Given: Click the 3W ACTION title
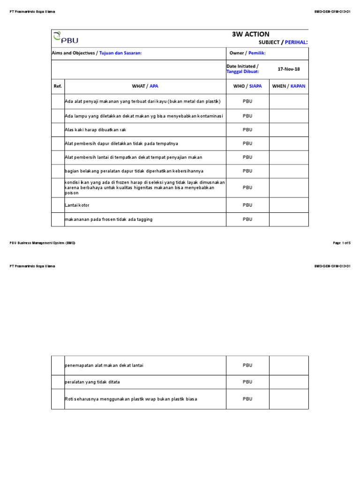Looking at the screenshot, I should [x=250, y=34].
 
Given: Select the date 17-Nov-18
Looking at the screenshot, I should [x=289, y=69].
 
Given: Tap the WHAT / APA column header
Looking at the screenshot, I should [x=145, y=86].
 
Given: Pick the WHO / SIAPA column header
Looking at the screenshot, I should [x=247, y=86].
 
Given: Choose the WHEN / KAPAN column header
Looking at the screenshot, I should [x=289, y=86].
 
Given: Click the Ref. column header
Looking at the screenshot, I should [x=58, y=86].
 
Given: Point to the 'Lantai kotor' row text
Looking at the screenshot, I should [x=77, y=205].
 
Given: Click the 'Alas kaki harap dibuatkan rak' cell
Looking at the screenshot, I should [x=96, y=130].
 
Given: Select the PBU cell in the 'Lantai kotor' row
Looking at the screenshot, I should [x=247, y=205].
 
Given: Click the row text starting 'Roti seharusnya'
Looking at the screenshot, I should [x=131, y=399].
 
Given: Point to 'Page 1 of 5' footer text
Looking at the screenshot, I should [x=341, y=243].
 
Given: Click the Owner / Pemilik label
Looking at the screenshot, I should [x=247, y=53].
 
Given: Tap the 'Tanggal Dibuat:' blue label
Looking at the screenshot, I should [x=243, y=72].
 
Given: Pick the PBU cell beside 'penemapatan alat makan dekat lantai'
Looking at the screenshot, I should [x=247, y=365].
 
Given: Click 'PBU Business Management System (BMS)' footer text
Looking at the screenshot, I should [x=42, y=243].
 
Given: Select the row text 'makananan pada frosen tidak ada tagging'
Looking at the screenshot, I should [x=108, y=219].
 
